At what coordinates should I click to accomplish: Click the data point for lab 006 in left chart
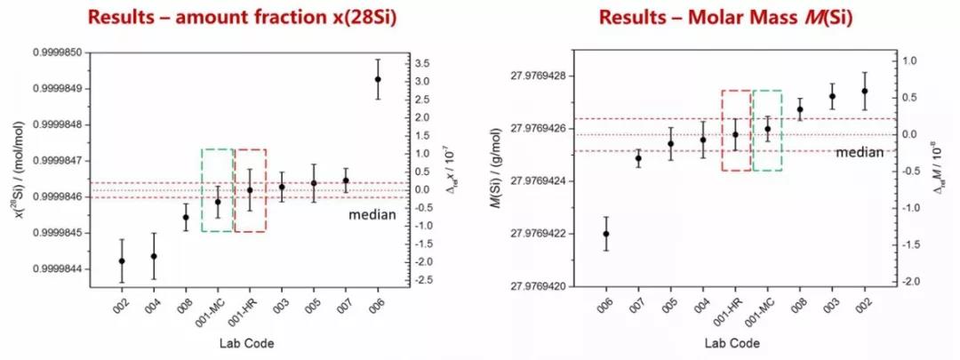click(378, 79)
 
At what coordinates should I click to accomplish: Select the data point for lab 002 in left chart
click(122, 260)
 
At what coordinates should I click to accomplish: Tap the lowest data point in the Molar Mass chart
click(606, 234)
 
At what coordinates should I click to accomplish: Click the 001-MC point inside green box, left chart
click(218, 202)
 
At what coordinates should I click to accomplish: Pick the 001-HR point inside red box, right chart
click(735, 134)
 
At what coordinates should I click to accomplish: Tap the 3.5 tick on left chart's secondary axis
click(422, 63)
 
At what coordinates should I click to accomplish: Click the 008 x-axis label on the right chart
click(800, 304)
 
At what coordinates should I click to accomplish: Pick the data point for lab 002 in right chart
click(864, 91)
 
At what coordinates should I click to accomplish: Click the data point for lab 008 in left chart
click(186, 217)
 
